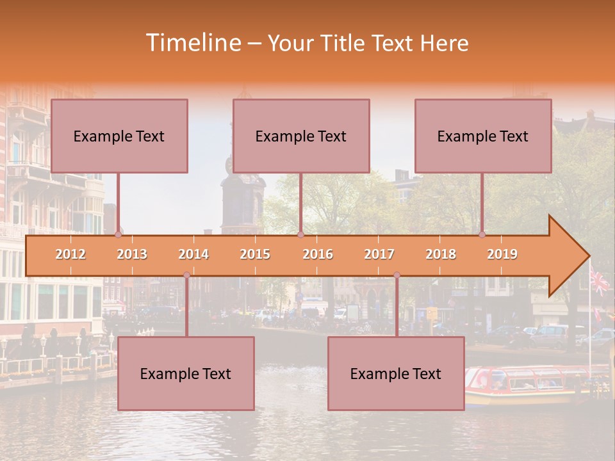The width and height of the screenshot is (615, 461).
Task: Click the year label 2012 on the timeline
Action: pos(70,254)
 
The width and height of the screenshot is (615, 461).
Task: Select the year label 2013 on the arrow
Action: pos(132,254)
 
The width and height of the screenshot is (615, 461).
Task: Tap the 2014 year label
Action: pos(193,254)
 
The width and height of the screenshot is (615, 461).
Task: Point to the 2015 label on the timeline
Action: pos(255,254)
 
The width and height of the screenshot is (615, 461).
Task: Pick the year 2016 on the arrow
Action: pos(318,254)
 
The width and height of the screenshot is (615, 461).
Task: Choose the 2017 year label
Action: pos(379,254)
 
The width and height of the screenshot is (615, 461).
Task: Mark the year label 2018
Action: pos(441,254)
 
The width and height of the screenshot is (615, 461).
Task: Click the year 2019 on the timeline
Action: pos(502,254)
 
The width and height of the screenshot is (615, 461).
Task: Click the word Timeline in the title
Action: pos(192,43)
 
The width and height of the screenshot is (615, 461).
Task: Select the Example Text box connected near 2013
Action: pos(119,136)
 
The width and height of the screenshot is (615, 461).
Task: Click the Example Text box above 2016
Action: pos(301,136)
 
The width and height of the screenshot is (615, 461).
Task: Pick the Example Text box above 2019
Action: pos(483,136)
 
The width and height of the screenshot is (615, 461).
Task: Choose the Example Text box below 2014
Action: pos(186,373)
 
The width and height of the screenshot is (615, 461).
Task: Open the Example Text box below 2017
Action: pos(396,373)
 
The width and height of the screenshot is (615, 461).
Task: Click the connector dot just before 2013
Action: pos(118,234)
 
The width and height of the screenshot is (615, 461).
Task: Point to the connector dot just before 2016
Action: pos(300,234)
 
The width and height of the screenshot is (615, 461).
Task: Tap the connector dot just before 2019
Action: pos(482,234)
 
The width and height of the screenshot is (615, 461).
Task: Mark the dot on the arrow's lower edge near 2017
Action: pos(397,275)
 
